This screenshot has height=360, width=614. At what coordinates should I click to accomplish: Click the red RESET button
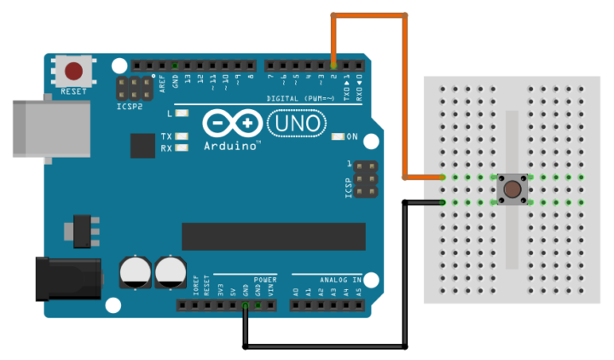(74, 70)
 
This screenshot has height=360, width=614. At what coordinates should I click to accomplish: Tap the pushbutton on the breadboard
(513, 189)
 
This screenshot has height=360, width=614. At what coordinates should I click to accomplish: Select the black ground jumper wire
(324, 346)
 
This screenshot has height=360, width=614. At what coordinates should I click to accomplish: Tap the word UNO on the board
(295, 125)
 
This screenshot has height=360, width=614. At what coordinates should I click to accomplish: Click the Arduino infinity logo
(233, 125)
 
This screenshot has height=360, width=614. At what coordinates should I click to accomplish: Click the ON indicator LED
(339, 136)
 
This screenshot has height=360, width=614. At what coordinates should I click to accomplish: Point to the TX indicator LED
(181, 136)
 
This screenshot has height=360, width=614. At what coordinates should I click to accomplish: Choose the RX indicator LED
(181, 148)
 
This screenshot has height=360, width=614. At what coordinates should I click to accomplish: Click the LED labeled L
(181, 113)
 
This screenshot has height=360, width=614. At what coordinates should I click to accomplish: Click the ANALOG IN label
(340, 279)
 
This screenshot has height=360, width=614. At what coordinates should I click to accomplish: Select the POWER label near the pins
(264, 279)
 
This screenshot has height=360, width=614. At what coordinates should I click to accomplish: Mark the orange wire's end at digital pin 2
(333, 65)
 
